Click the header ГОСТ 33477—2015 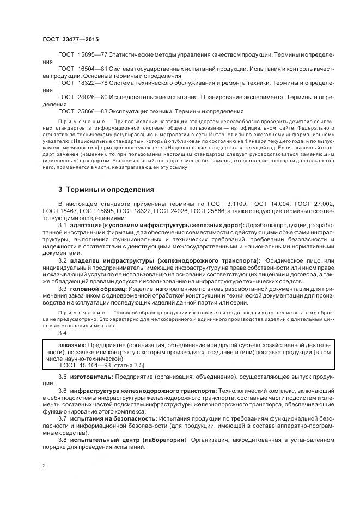coord(68,40)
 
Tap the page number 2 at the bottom coord(44,466)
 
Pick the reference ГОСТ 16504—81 coord(77,69)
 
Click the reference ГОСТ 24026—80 coord(77,96)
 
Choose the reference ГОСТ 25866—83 coord(77,110)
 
